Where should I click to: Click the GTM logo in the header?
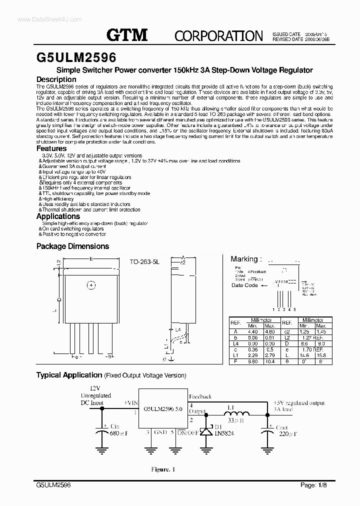coord(127,34)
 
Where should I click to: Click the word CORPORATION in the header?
coord(219,35)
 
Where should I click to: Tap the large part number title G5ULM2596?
coord(76,56)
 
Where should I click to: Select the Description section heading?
coord(56,79)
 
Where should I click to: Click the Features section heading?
coord(51,148)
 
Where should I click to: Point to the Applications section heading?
coord(58,216)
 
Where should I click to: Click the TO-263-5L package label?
coord(145,261)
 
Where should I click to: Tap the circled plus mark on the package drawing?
coord(91,285)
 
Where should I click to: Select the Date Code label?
coord(244,285)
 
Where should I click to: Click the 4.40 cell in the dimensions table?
coord(253,331)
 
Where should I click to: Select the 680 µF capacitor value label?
coord(119,434)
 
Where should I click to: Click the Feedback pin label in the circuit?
coord(200,395)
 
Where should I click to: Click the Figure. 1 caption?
coord(163,469)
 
